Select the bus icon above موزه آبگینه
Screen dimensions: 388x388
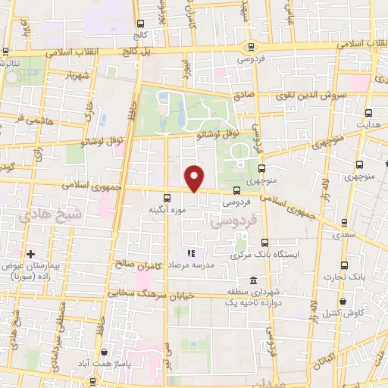pos(167,197)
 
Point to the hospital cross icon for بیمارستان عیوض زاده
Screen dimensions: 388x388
pos(30,253)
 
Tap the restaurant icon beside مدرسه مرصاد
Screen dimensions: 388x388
pos(191,254)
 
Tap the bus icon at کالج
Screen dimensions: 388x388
pos(141,24)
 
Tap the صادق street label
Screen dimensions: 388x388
pos(243,96)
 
